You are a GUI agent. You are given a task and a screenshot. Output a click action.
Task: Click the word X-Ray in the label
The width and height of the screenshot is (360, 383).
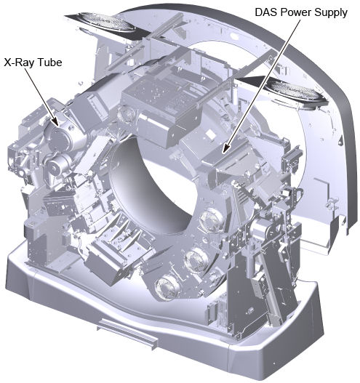click(x=19, y=63)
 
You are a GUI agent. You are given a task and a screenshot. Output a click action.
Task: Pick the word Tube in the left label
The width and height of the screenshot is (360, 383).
click(x=49, y=63)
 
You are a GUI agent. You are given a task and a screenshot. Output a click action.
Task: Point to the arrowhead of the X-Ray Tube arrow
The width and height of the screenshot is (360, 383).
click(x=55, y=121)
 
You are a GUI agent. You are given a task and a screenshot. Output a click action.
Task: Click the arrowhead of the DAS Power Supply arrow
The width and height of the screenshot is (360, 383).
click(x=225, y=148)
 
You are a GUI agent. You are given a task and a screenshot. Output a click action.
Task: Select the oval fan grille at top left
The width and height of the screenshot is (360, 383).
click(x=105, y=22)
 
